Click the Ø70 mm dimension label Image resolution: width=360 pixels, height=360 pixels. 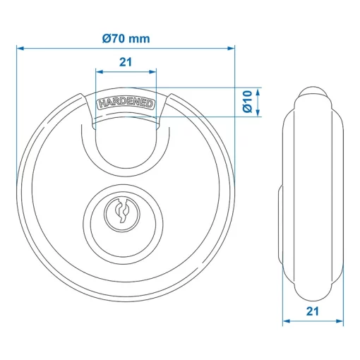pyautogui.click(x=126, y=39)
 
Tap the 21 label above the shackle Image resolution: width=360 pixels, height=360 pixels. pyautogui.click(x=126, y=62)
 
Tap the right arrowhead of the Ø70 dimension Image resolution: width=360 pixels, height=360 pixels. pyautogui.click(x=230, y=49)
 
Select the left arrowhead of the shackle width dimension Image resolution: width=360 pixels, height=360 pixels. pyautogui.click(x=97, y=72)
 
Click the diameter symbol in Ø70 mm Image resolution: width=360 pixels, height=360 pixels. pyautogui.click(x=107, y=39)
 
